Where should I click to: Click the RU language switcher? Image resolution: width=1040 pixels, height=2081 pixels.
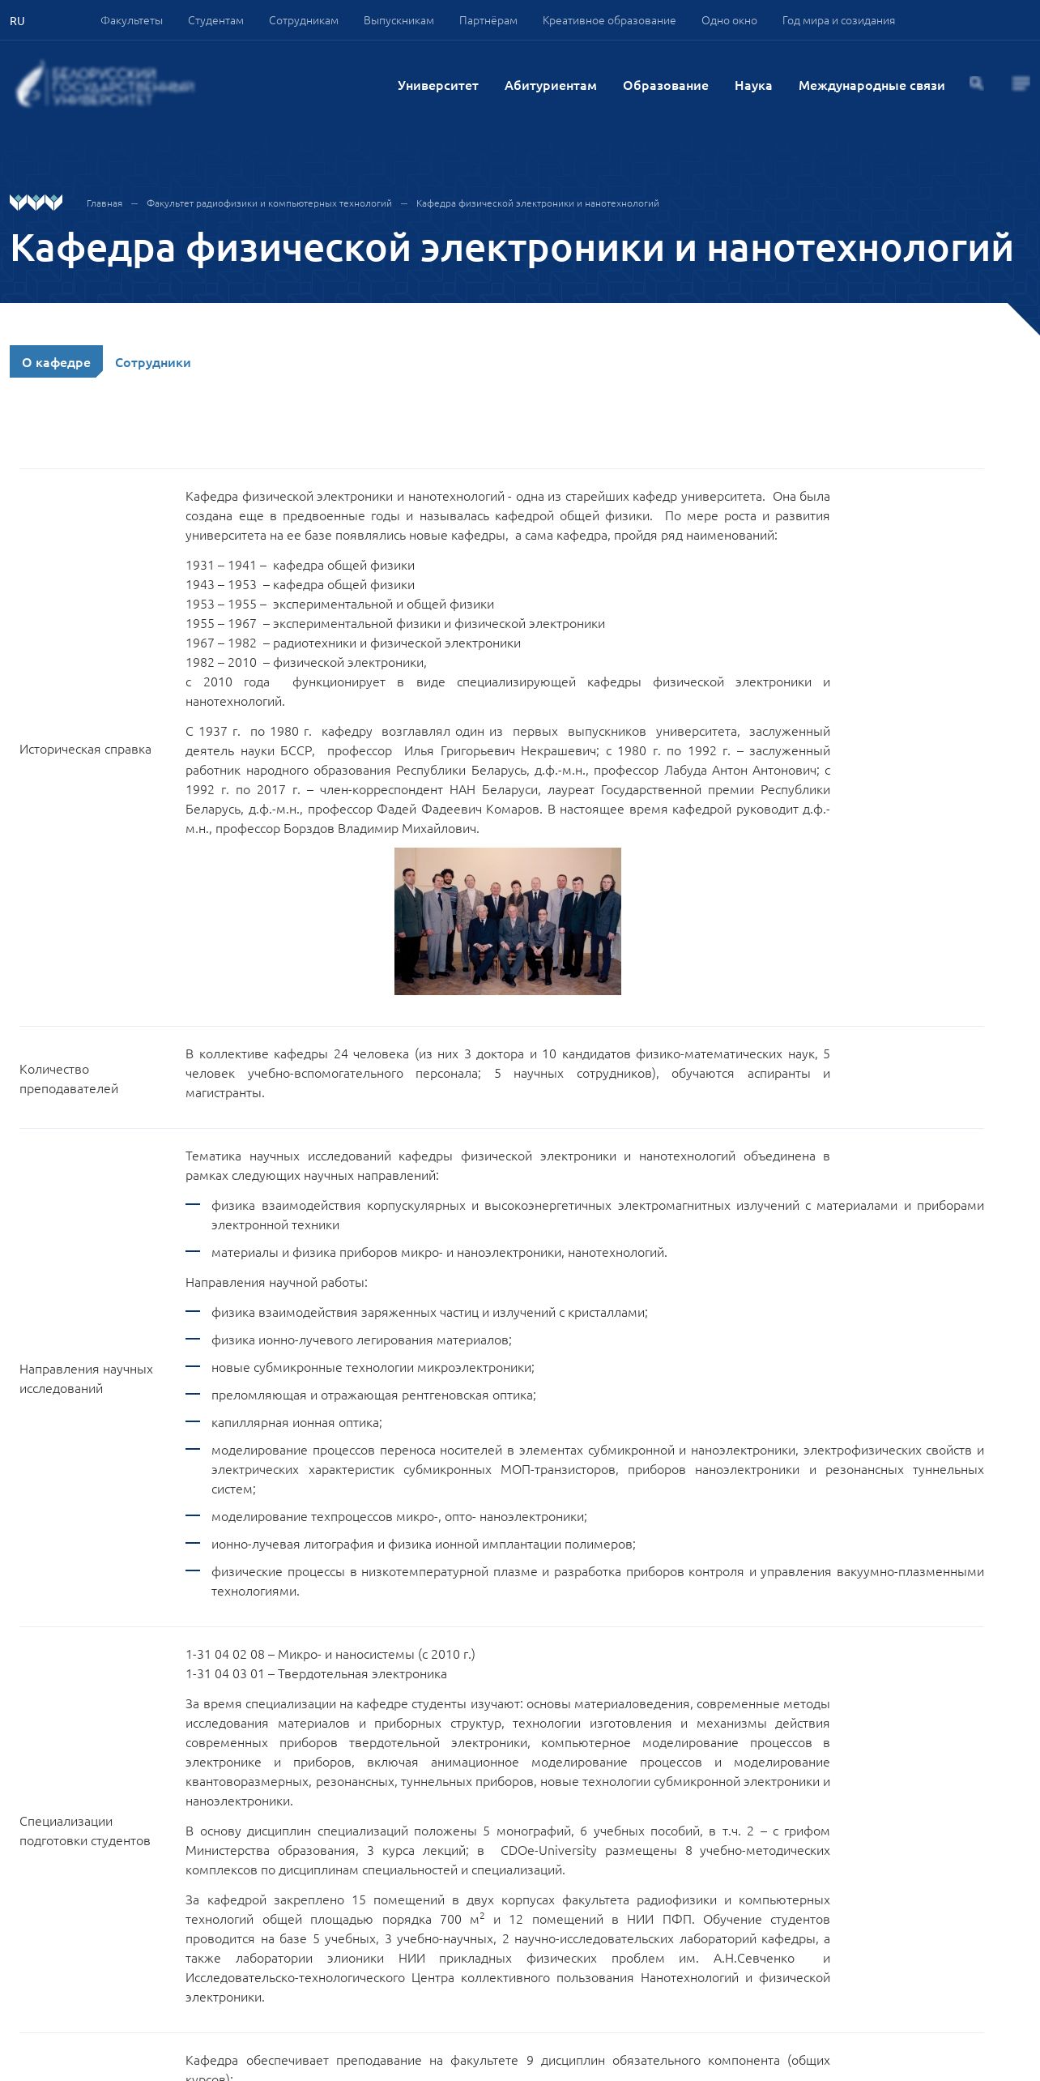pyautogui.click(x=17, y=21)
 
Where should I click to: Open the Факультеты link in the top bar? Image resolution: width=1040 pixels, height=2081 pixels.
pyautogui.click(x=131, y=21)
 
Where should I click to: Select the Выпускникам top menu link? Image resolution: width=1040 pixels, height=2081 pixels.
pyautogui.click(x=399, y=21)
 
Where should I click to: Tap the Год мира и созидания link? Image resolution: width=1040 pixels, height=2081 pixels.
pyautogui.click(x=838, y=21)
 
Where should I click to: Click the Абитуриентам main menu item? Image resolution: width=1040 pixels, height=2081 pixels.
pyautogui.click(x=550, y=86)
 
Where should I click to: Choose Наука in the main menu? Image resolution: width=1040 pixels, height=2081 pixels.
pyautogui.click(x=752, y=86)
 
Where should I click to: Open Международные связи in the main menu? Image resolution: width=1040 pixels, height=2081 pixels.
pyautogui.click(x=871, y=86)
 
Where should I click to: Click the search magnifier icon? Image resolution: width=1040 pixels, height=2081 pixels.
pyautogui.click(x=976, y=83)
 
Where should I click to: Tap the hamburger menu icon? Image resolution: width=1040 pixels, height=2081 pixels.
pyautogui.click(x=1021, y=83)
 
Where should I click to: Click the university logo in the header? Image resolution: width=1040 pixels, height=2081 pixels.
pyautogui.click(x=105, y=85)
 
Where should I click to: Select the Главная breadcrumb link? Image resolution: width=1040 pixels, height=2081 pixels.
pyautogui.click(x=104, y=203)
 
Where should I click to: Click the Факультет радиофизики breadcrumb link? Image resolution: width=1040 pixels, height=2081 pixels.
pyautogui.click(x=269, y=203)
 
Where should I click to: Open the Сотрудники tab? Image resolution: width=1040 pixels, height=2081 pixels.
pyautogui.click(x=152, y=363)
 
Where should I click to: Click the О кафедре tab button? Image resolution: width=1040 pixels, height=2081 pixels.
pyautogui.click(x=56, y=362)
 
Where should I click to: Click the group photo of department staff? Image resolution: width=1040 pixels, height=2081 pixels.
pyautogui.click(x=507, y=921)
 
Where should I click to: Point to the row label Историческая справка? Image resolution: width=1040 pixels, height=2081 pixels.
pyautogui.click(x=85, y=750)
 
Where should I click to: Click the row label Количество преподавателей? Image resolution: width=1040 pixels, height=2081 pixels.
pyautogui.click(x=69, y=1079)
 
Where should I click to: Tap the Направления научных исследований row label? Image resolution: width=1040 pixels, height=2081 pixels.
pyautogui.click(x=86, y=1379)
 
